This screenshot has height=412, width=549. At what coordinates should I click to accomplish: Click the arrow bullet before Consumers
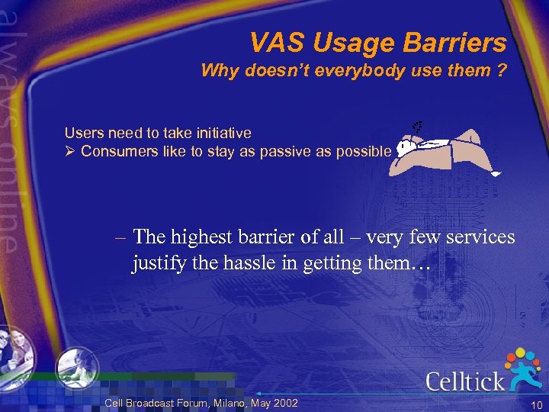click(70, 151)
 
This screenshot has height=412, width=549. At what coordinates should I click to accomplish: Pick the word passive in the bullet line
click(289, 151)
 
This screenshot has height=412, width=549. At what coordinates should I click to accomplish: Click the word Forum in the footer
click(190, 403)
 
